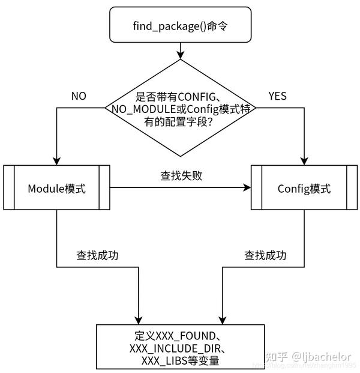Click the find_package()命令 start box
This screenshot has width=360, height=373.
click(x=181, y=26)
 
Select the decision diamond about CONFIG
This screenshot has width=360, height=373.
click(x=181, y=108)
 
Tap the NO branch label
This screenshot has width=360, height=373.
click(x=79, y=96)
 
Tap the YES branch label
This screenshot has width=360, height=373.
click(x=277, y=96)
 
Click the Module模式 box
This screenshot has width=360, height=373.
click(x=56, y=189)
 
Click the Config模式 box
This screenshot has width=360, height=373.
click(x=304, y=189)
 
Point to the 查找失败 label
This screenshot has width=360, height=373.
click(x=181, y=175)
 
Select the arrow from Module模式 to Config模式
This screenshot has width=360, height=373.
click(x=180, y=189)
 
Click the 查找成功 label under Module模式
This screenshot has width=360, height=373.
click(x=97, y=255)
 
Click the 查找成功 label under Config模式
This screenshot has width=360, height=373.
click(x=265, y=255)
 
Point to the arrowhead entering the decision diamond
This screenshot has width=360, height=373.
click(x=181, y=56)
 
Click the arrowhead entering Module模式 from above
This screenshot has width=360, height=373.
click(x=56, y=161)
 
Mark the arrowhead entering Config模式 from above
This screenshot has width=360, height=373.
click(x=304, y=161)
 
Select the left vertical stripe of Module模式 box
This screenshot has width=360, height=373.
click(x=8, y=189)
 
